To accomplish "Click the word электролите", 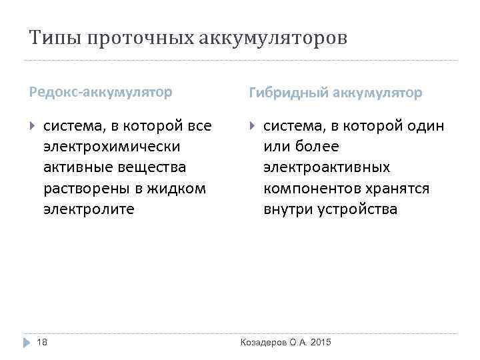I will (89, 209).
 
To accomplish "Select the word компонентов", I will (311, 189).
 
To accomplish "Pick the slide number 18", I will (42, 342).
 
